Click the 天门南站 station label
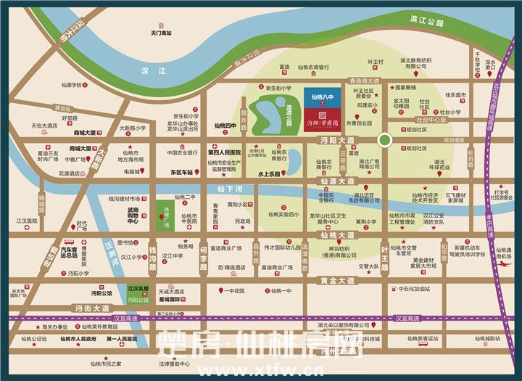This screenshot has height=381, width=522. tap(160, 33)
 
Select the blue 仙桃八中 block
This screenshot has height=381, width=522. tap(320, 97)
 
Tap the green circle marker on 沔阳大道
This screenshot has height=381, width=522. tap(385, 140)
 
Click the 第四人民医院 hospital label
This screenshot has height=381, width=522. tap(224, 153)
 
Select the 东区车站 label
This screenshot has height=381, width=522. tap(181, 173)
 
